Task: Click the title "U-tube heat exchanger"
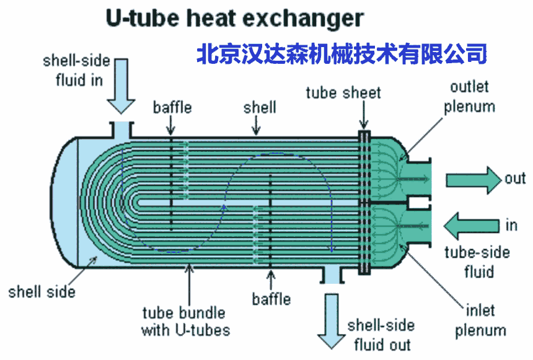tap(235, 19)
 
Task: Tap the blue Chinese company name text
tap(342, 54)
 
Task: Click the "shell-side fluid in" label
tap(77, 71)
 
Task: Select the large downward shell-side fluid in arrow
tap(121, 86)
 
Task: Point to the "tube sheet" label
tap(343, 93)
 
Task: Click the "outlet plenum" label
tap(469, 97)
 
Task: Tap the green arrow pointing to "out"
tap(474, 180)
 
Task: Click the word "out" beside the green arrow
tap(515, 178)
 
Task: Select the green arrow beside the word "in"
tap(472, 226)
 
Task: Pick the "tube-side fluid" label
tap(478, 261)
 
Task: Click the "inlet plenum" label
tap(481, 320)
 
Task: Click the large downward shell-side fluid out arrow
tap(332, 321)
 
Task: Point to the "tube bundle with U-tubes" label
tap(185, 321)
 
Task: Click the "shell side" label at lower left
tap(42, 292)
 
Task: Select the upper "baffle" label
tap(172, 107)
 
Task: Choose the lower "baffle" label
tap(271, 299)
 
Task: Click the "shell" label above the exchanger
tap(260, 107)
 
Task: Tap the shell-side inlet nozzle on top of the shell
tap(121, 130)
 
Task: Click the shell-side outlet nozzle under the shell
tap(332, 275)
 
